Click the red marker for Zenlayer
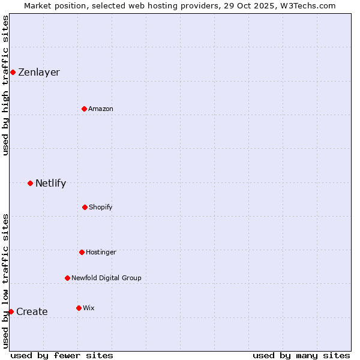point(13,73)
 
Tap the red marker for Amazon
point(84,109)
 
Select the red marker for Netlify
point(30,183)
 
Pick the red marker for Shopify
point(85,207)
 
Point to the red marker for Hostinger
point(82,252)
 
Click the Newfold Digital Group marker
point(67,278)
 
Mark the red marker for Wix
point(79,308)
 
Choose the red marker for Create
point(11,311)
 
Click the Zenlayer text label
point(39,73)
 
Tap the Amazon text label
point(101,109)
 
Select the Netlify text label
point(51,184)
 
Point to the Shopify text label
point(101,207)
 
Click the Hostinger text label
point(101,252)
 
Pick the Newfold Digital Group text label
point(106,278)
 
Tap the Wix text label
point(89,308)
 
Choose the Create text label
point(32,312)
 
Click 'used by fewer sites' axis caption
point(62,355)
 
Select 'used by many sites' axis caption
point(301,355)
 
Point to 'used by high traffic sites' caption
point(6,85)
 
